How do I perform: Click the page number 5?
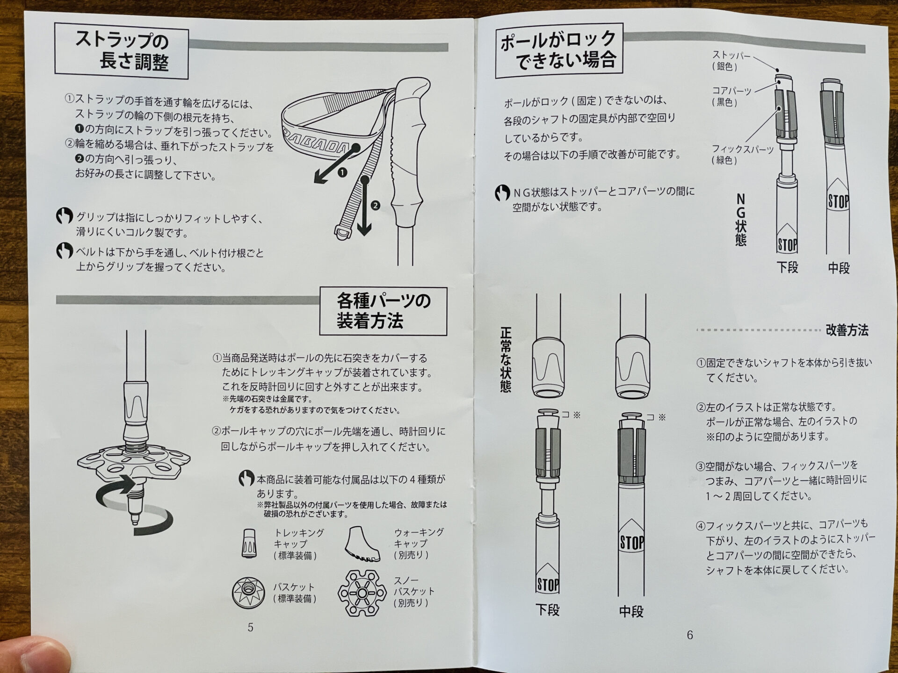point(251,627)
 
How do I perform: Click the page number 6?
point(689,635)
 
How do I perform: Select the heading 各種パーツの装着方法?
point(383,311)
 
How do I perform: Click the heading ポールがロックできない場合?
point(558,50)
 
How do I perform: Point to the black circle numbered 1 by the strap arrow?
point(342,172)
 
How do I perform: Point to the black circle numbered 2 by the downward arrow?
point(375,205)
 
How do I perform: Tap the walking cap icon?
point(362,544)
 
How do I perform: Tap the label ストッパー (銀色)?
point(731,61)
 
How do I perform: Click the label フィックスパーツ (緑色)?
point(741,155)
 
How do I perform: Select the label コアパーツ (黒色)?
point(731,96)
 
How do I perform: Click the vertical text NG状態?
point(740,220)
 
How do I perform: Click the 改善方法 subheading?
point(847,330)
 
